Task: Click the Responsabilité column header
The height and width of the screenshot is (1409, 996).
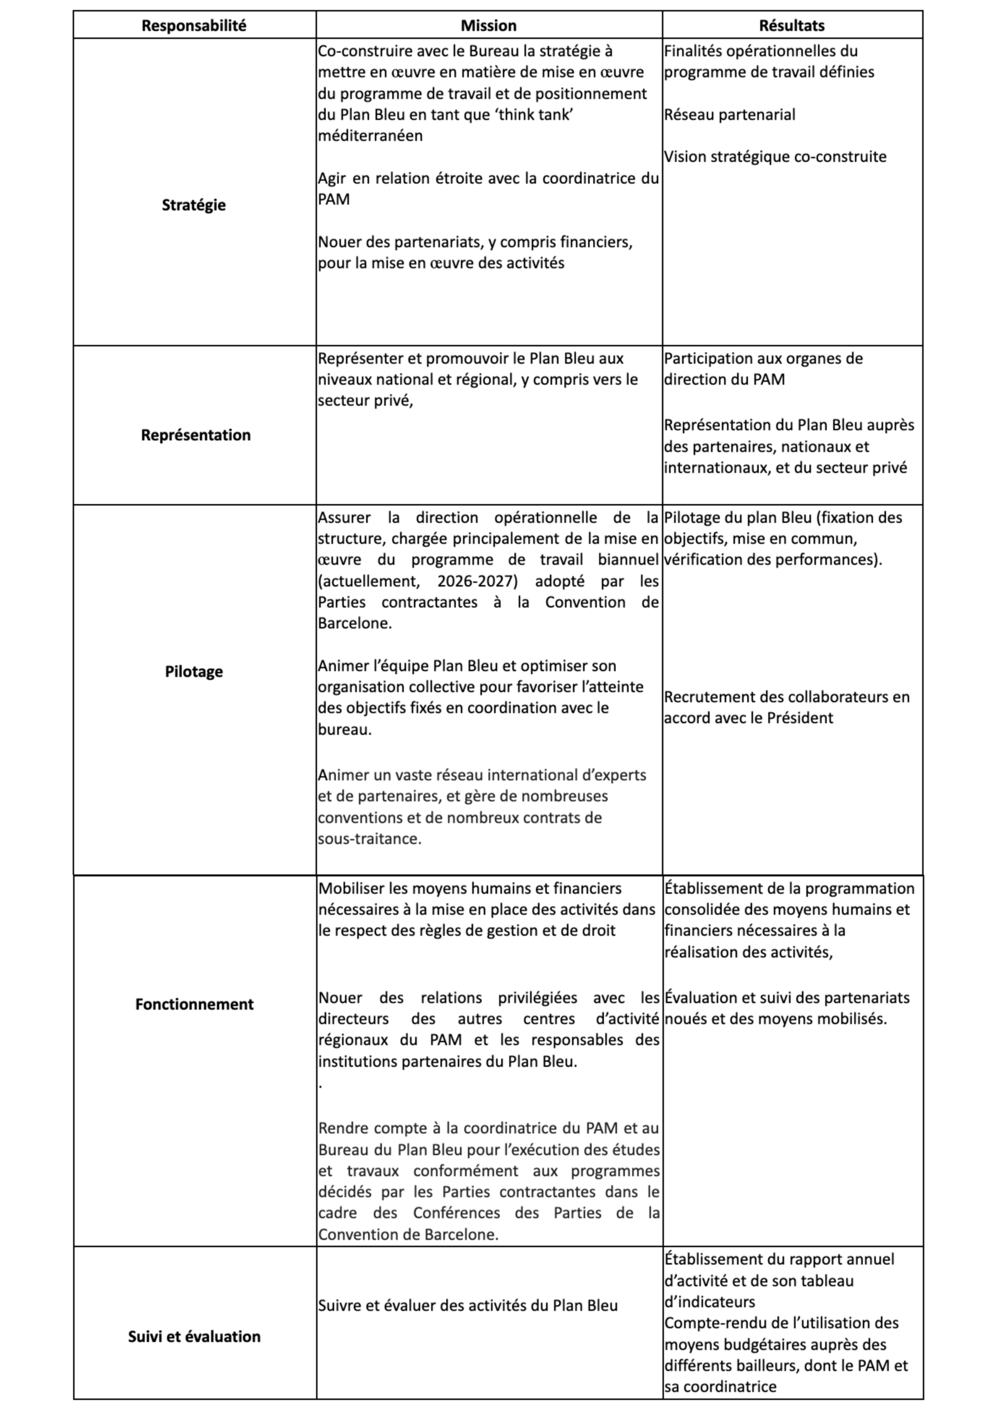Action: (x=194, y=26)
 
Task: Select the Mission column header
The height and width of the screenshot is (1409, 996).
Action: (x=489, y=26)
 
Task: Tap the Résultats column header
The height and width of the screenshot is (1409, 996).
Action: (x=792, y=26)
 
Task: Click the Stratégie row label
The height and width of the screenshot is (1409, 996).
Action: (x=194, y=205)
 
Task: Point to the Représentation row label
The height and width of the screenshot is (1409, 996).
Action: (x=196, y=435)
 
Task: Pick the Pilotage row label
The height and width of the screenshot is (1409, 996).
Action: (x=194, y=671)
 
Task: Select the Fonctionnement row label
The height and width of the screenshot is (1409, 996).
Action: (x=194, y=1004)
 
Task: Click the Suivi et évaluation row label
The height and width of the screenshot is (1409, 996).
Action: (x=194, y=1336)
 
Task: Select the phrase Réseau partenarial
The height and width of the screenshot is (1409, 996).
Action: (x=730, y=115)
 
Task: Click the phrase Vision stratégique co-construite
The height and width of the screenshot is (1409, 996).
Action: (x=775, y=156)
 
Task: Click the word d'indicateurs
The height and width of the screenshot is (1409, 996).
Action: (x=709, y=1302)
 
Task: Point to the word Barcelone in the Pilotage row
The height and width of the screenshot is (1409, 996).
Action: (x=353, y=624)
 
